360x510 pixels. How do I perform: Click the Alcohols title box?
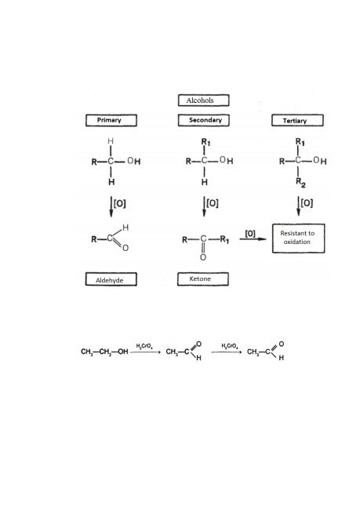[x=204, y=100]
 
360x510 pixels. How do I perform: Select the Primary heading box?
[x=111, y=120]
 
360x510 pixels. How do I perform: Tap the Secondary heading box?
[x=204, y=120]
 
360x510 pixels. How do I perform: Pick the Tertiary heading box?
[x=297, y=120]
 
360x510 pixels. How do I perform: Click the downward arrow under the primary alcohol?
[x=111, y=206]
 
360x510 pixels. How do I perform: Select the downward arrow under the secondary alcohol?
[x=204, y=206]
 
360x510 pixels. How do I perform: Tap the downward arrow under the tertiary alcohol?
[x=299, y=206]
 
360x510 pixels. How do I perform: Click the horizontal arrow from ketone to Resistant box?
[x=253, y=239]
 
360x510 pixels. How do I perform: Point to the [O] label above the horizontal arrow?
[x=250, y=233]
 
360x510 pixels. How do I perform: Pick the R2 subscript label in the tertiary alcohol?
[x=300, y=183]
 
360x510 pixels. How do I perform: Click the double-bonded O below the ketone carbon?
[x=203, y=257]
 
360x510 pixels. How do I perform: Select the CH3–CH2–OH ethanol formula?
[x=104, y=352]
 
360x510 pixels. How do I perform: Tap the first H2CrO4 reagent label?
[x=144, y=346]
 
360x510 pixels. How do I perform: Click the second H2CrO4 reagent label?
[x=230, y=346]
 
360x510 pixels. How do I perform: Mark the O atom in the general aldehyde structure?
[x=125, y=248]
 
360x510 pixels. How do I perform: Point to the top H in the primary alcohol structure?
[x=111, y=141]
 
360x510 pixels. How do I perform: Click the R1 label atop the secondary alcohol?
[x=205, y=142]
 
